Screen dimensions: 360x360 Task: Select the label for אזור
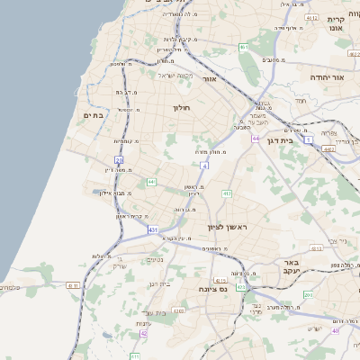pyautogui.click(x=210, y=78)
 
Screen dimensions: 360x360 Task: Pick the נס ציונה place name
pyautogui.click(x=213, y=290)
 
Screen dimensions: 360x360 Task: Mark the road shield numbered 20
pyautogui.click(x=118, y=159)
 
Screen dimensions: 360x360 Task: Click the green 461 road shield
pyautogui.click(x=243, y=46)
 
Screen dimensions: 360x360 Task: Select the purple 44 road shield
pyautogui.click(x=256, y=139)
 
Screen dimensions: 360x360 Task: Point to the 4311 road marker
pyautogui.click(x=72, y=285)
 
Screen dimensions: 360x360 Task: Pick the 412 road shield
pyautogui.click(x=227, y=193)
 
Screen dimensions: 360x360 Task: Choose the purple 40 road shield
pyautogui.click(x=336, y=330)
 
